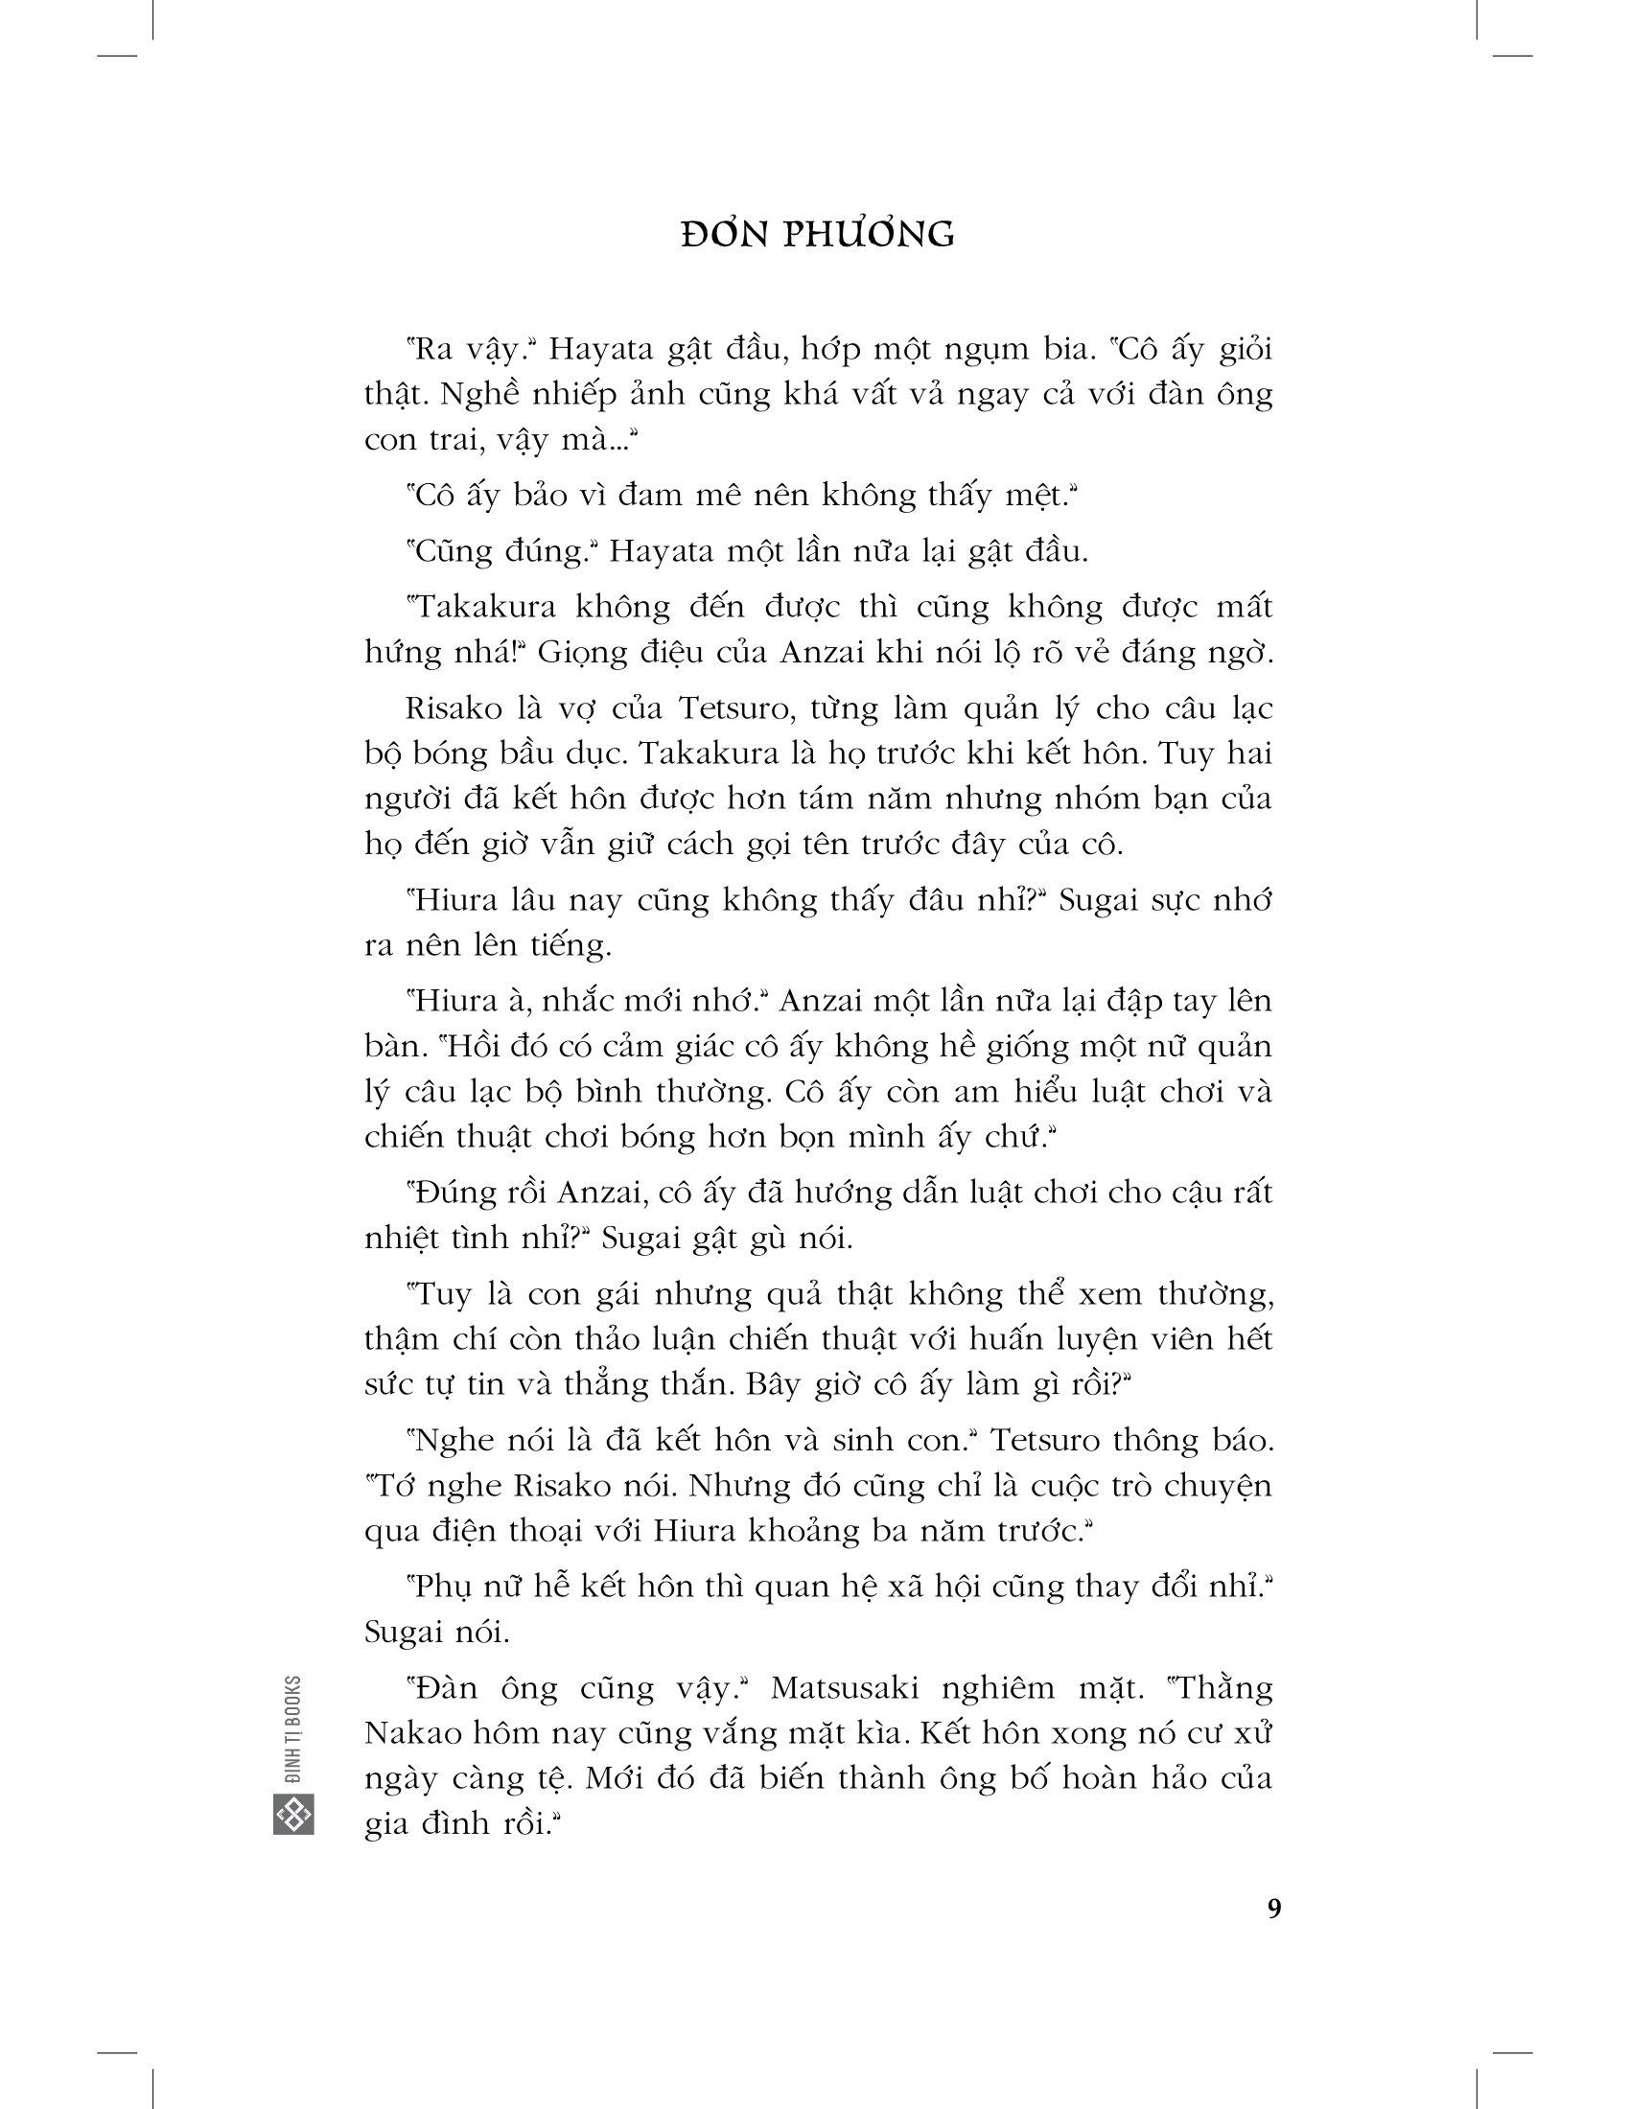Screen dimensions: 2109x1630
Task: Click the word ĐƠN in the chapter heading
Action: point(721,235)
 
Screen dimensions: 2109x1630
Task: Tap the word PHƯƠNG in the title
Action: point(868,235)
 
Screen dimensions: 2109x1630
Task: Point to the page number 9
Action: point(1273,1909)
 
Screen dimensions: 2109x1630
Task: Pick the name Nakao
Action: point(414,1734)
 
